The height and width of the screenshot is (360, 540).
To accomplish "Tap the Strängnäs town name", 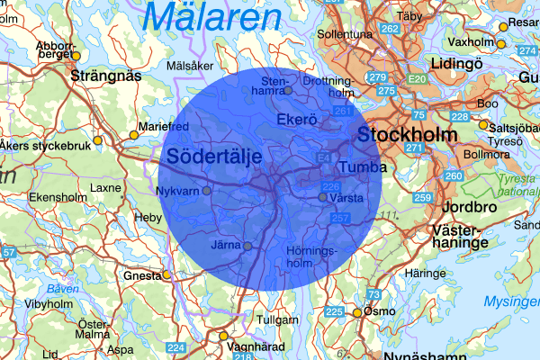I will click(x=105, y=76).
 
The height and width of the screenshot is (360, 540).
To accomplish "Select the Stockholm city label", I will click(x=407, y=135).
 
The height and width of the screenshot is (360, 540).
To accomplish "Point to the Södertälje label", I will click(x=213, y=157).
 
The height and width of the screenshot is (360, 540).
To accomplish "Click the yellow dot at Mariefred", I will click(x=134, y=135).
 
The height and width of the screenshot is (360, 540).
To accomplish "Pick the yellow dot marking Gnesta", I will click(x=166, y=275).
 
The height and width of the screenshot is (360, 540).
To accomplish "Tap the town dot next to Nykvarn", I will click(x=206, y=191).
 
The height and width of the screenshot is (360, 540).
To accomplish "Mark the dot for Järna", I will click(x=247, y=246).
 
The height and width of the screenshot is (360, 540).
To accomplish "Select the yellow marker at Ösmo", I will click(x=356, y=313).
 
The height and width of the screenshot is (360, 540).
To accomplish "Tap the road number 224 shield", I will click(x=176, y=347).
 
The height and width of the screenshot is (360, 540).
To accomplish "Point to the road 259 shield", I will click(x=422, y=197).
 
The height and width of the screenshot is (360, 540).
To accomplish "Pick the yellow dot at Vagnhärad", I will click(x=223, y=337).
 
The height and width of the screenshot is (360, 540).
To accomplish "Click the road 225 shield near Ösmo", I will click(x=334, y=312).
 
